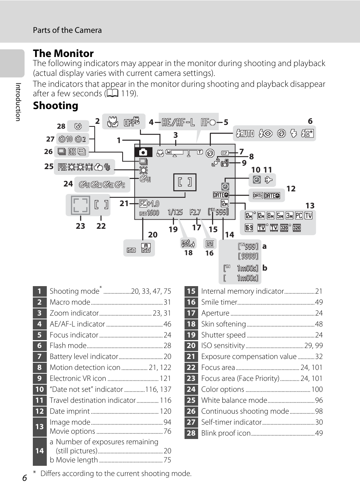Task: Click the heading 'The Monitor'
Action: (63, 53)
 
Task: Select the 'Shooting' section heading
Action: (55, 106)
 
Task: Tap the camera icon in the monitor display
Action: (143, 152)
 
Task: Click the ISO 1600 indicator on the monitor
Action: (149, 213)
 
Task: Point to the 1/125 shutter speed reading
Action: (175, 212)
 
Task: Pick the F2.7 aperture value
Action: (195, 212)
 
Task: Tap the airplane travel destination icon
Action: (268, 180)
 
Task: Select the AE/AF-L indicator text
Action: (178, 122)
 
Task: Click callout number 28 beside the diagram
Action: (61, 126)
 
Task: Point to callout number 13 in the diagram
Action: (310, 206)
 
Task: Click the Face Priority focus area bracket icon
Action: (80, 205)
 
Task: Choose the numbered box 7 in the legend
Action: (40, 357)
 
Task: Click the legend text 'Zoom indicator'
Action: (74, 313)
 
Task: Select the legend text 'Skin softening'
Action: (223, 324)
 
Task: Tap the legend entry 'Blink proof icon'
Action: (226, 433)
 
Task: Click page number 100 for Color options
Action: (317, 390)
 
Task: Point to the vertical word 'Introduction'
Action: (18, 102)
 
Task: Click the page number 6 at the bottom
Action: (25, 478)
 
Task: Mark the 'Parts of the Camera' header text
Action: (67, 30)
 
